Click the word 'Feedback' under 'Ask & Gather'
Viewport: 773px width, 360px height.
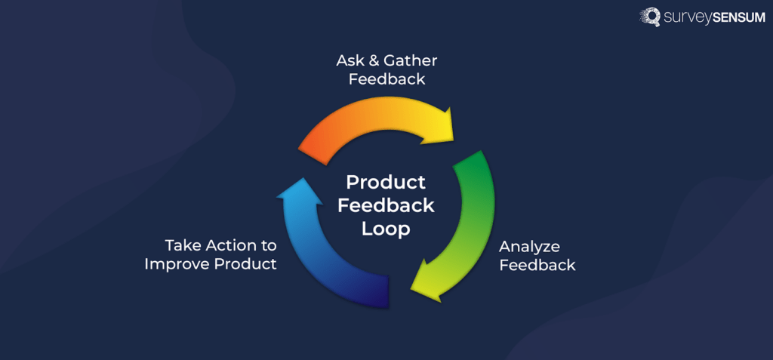pyautogui.click(x=386, y=78)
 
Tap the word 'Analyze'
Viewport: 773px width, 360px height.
pyautogui.click(x=530, y=247)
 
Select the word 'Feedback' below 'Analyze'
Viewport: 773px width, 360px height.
pyautogui.click(x=537, y=265)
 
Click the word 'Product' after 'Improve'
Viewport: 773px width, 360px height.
pyautogui.click(x=246, y=264)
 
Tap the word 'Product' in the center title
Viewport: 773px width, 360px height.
pyautogui.click(x=386, y=183)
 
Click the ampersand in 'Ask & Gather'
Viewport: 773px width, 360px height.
pyautogui.click(x=371, y=60)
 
